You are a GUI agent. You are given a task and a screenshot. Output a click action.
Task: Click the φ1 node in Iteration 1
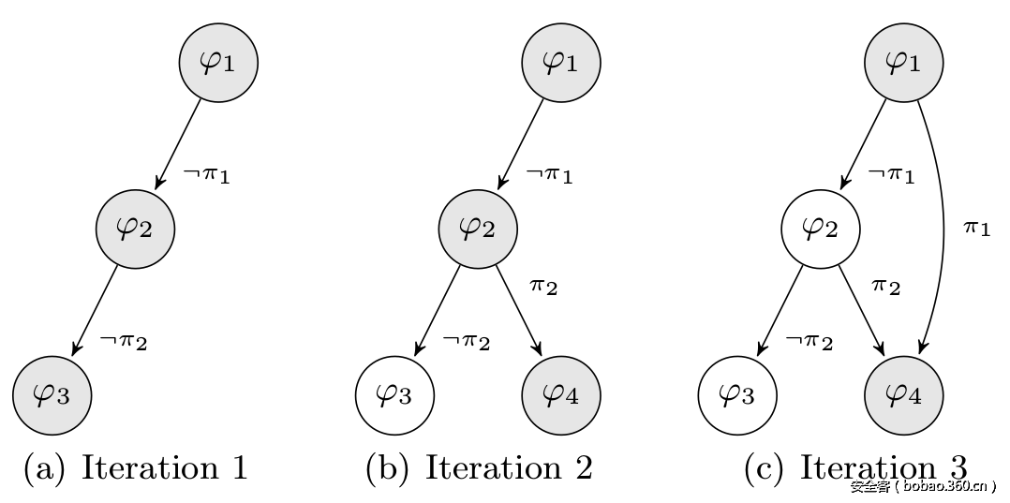pos(218,62)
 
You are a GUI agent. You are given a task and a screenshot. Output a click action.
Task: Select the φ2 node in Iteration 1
pos(135,229)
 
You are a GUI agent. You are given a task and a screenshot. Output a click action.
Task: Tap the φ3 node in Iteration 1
pos(52,395)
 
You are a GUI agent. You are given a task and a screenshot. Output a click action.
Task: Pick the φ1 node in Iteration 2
pos(560,62)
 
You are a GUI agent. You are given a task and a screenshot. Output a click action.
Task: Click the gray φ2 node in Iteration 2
pos(478,229)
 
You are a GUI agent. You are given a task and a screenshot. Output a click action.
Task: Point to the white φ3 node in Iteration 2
pos(394,395)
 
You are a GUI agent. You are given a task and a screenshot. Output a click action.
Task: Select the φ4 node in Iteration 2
pos(560,395)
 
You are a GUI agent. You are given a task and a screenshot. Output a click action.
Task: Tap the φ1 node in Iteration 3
pos(903,62)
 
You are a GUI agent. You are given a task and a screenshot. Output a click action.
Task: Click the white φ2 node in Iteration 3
pos(821,229)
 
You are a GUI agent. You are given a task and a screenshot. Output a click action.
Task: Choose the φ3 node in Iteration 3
pos(737,395)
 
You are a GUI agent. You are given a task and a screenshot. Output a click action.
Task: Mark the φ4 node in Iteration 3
pos(903,395)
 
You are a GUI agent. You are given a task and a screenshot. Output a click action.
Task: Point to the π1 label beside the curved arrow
pos(976,228)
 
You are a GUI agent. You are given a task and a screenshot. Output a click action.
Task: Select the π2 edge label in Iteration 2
pos(543,286)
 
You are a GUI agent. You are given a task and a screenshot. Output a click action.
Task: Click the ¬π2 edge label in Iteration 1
pos(124,341)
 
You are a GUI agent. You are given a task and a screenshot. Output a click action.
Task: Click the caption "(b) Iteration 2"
pos(479,467)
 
